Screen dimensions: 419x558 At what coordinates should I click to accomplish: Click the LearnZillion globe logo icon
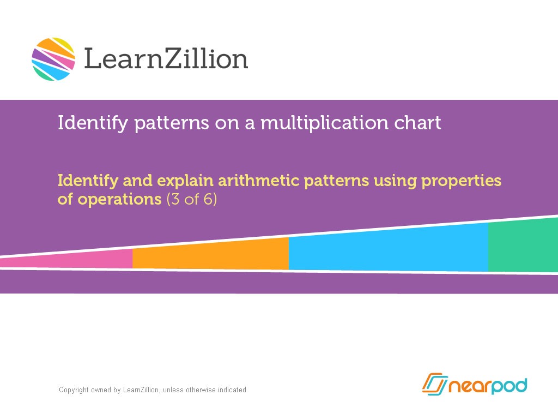point(53,59)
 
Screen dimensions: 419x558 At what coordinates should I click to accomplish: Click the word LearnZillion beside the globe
point(166,58)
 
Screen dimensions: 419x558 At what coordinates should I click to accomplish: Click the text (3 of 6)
point(191,200)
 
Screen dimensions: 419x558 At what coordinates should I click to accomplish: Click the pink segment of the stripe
point(82,260)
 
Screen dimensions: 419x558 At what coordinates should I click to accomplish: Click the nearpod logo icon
point(434,384)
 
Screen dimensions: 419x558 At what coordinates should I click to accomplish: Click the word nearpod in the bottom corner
point(488,386)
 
